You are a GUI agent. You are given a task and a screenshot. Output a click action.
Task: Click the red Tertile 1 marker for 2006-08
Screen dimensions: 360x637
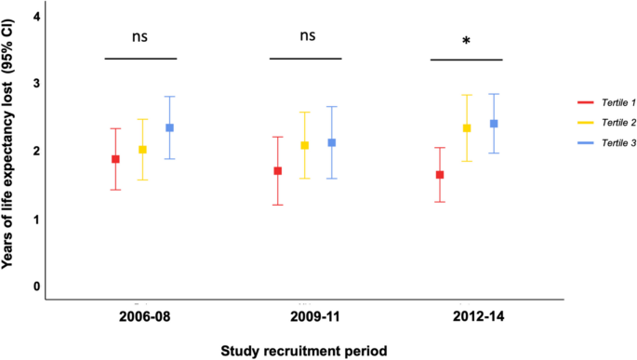click(x=116, y=159)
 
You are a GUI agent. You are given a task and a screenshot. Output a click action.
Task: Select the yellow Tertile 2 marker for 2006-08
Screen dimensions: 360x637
click(x=142, y=150)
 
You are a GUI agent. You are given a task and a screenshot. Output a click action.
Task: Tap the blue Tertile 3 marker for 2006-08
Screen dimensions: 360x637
click(x=169, y=128)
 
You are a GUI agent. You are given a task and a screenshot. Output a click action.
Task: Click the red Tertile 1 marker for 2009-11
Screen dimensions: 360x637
click(x=278, y=171)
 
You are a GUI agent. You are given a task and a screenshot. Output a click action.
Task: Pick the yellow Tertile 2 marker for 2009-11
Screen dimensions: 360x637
click(x=305, y=145)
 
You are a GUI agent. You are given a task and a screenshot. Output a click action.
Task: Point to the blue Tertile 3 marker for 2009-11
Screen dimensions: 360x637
click(x=332, y=142)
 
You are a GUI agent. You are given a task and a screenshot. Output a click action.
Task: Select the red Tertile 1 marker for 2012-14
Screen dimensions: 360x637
click(x=440, y=175)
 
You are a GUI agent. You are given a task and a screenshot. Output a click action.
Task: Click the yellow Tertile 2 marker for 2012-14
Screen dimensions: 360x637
click(x=467, y=128)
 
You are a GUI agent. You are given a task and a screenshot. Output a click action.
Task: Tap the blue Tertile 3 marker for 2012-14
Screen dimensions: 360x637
click(x=493, y=124)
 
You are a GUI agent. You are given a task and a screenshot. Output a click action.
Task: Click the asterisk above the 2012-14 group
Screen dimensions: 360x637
click(x=466, y=42)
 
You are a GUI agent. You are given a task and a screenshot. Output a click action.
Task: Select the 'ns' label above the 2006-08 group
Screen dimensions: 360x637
click(x=139, y=36)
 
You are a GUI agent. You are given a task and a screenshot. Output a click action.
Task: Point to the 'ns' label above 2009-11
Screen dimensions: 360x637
click(x=307, y=36)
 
